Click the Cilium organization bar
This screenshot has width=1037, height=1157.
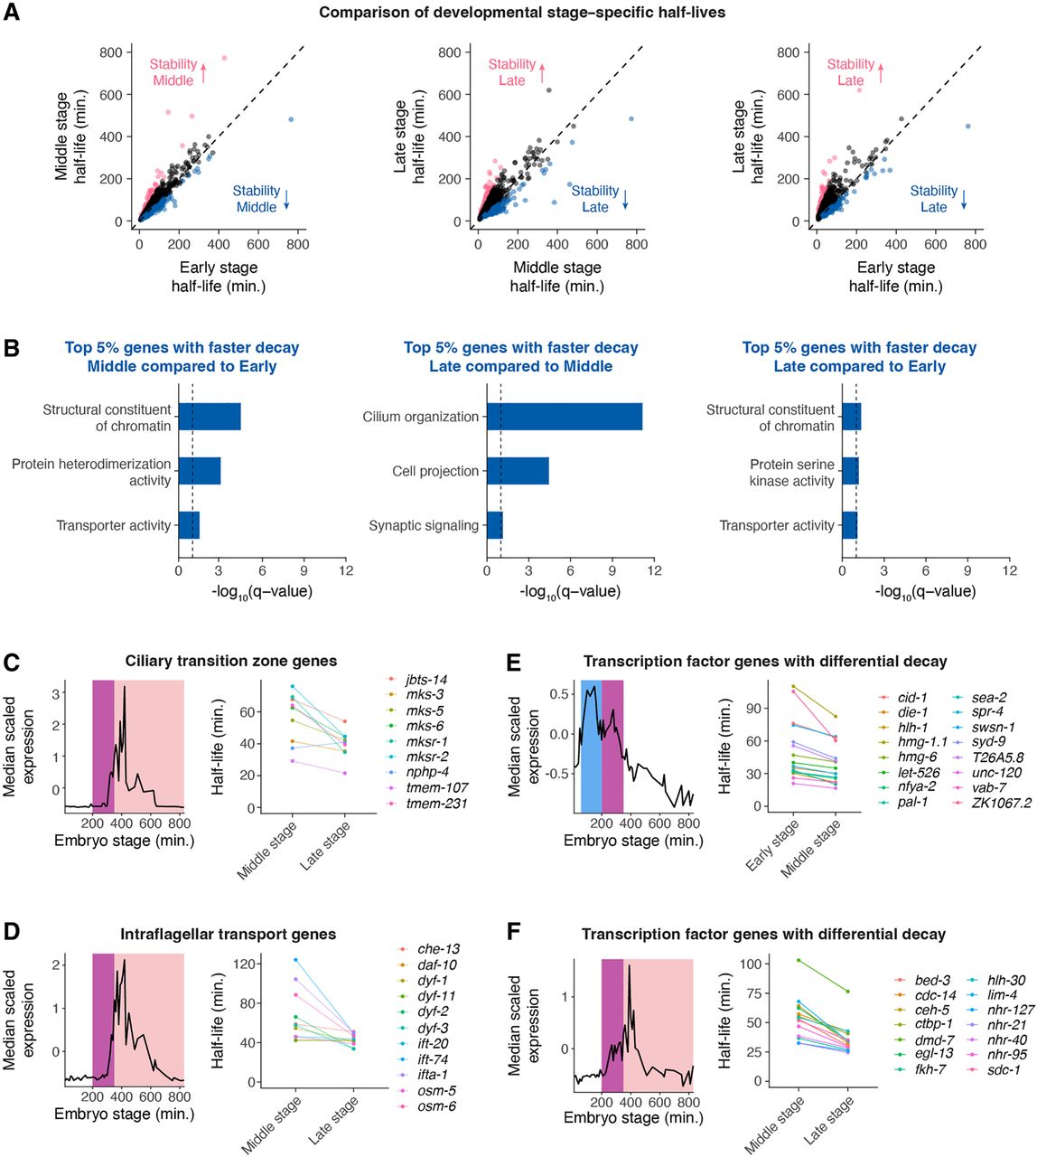[x=565, y=417]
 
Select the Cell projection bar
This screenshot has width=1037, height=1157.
[x=518, y=471]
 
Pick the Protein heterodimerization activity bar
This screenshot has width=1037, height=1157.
[x=200, y=471]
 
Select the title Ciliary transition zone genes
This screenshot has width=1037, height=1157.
[x=231, y=661]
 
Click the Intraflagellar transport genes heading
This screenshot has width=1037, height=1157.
[x=228, y=934]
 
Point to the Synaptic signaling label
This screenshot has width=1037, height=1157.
[x=424, y=525]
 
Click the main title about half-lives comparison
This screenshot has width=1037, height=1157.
[x=522, y=12]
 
